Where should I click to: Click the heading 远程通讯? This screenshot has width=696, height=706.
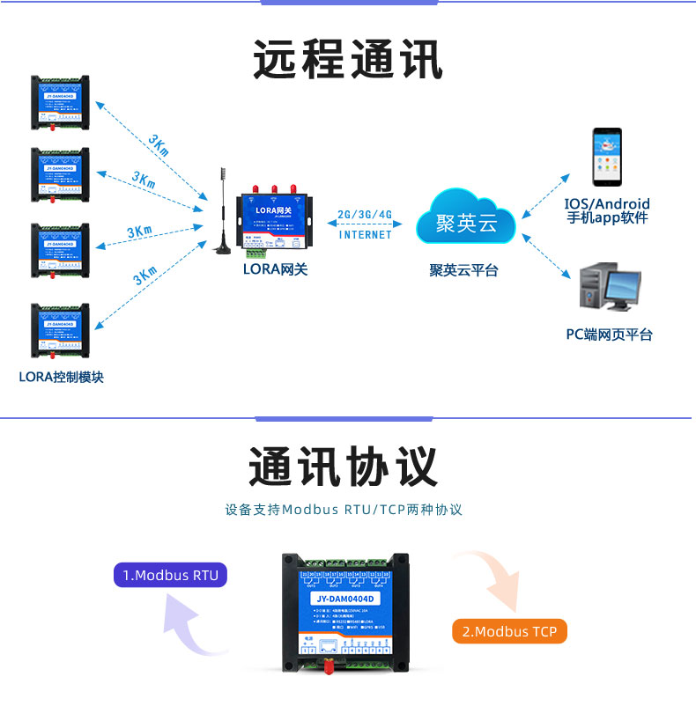click(347, 60)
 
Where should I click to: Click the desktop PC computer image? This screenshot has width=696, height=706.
click(609, 287)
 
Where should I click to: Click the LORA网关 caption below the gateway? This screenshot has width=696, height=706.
click(275, 270)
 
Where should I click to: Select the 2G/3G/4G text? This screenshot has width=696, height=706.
click(365, 215)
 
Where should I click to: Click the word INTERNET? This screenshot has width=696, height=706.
click(365, 235)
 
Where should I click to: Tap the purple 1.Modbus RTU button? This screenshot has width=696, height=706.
click(170, 576)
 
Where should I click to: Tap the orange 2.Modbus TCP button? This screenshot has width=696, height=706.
click(510, 631)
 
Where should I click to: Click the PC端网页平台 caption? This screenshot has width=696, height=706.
click(609, 335)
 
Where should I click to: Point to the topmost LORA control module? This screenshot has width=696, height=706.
click(60, 101)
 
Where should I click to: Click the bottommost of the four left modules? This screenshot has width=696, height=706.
click(60, 331)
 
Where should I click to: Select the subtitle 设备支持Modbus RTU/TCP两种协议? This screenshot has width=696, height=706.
click(344, 510)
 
